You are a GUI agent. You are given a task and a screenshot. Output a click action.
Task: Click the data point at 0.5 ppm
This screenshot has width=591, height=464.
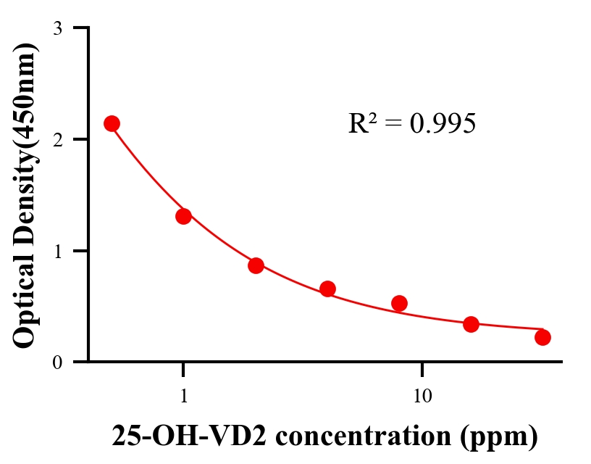112,123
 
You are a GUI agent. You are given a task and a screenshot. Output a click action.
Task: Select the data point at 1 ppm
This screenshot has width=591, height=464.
183,216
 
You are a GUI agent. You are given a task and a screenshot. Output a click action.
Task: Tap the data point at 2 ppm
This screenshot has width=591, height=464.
256,265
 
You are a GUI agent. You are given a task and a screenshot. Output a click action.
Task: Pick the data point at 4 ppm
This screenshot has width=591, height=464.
327,289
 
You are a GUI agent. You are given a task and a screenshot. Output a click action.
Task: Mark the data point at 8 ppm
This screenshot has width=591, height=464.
399,303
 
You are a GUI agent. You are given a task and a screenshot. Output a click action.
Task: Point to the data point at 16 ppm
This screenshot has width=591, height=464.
471,324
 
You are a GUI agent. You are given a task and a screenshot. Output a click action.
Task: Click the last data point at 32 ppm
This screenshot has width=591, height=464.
542,337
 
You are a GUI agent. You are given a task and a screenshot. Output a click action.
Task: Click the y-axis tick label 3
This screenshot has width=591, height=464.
57,28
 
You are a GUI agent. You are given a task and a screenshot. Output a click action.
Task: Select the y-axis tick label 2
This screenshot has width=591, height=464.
57,139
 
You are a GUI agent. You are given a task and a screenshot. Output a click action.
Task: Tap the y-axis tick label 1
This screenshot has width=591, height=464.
57,251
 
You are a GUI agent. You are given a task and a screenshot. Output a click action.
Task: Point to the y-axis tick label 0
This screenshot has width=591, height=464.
57,362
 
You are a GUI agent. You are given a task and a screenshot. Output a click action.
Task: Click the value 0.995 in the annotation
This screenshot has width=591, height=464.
443,124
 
